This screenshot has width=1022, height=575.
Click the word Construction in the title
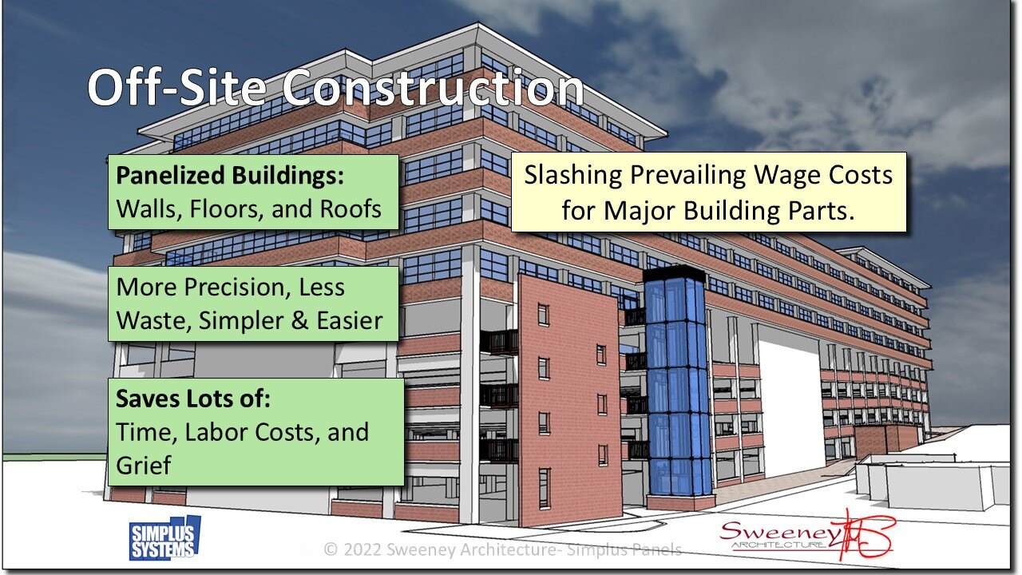434,88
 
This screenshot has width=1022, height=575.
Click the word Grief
145,465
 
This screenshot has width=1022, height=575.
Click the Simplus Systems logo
164,537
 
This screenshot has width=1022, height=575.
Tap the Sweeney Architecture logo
806,535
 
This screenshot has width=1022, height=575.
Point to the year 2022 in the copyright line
366,549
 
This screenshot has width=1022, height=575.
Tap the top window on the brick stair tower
543,314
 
